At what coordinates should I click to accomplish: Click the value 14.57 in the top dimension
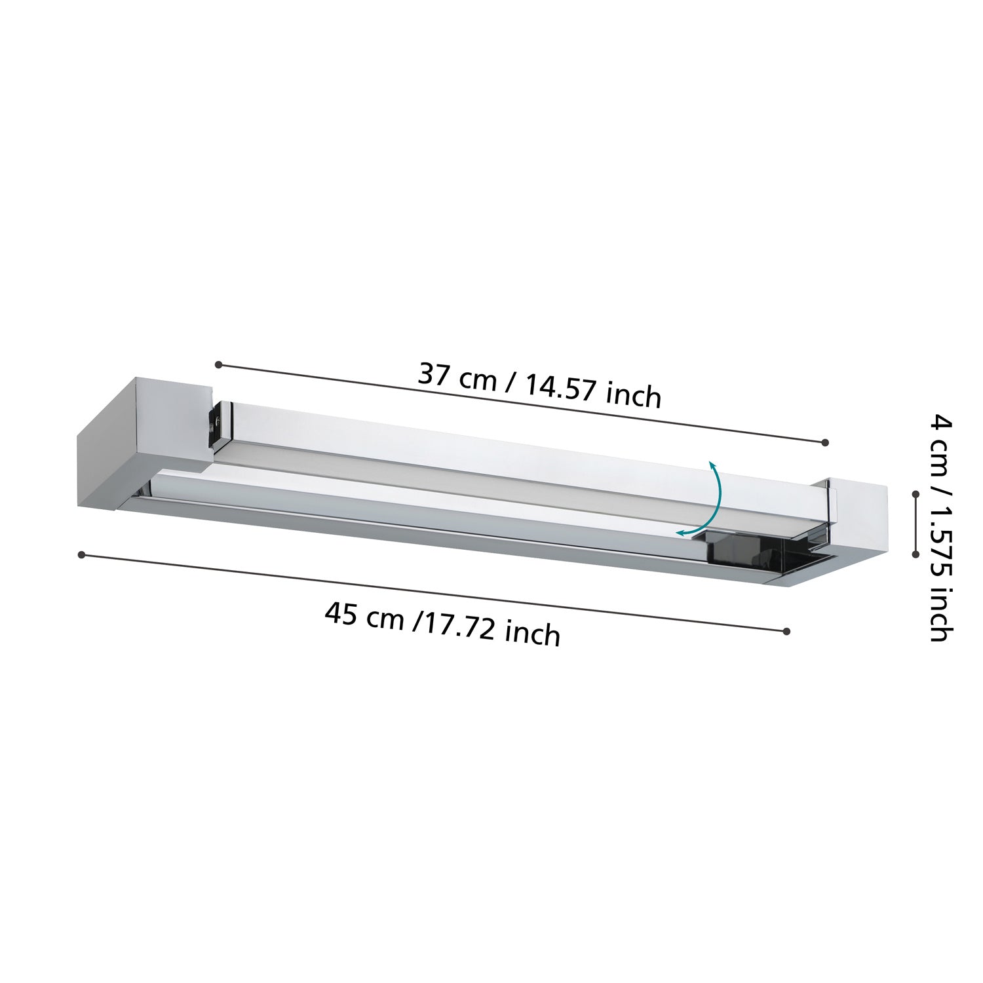[560, 389]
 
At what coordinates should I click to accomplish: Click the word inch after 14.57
[634, 396]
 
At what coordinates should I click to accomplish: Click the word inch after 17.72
[533, 634]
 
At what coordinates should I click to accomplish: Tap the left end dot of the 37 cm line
[219, 364]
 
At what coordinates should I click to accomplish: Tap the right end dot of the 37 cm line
[825, 442]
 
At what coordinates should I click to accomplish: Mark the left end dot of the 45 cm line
[81, 555]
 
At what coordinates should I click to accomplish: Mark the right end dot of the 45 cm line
[786, 631]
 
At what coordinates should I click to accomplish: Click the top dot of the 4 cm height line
[916, 495]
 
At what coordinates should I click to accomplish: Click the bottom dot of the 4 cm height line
[916, 554]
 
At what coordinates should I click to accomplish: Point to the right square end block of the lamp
[858, 518]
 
